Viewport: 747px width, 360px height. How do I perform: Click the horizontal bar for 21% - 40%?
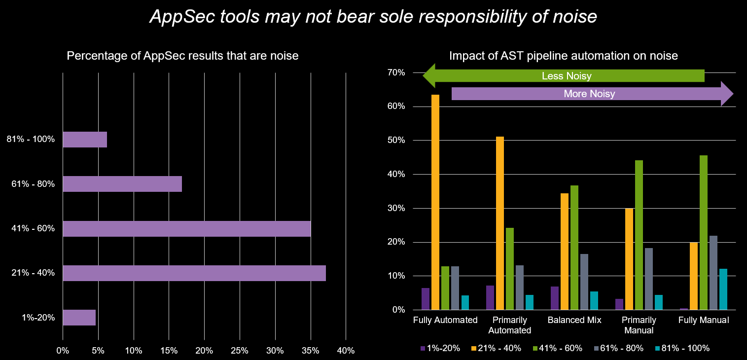coord(194,273)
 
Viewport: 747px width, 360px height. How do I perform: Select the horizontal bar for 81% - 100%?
coord(85,140)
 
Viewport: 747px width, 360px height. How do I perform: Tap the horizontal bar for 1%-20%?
coord(79,318)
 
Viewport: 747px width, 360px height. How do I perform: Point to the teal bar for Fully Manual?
coord(723,289)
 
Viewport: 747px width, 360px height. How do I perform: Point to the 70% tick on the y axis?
coord(395,72)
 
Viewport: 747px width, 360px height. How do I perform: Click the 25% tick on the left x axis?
coord(240,351)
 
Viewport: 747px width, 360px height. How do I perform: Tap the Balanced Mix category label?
coord(574,320)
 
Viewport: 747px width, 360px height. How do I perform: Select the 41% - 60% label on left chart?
coord(33,229)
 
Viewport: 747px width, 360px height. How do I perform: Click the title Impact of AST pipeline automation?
coord(563,56)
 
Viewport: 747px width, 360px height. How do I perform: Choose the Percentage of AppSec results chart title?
coord(182,56)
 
